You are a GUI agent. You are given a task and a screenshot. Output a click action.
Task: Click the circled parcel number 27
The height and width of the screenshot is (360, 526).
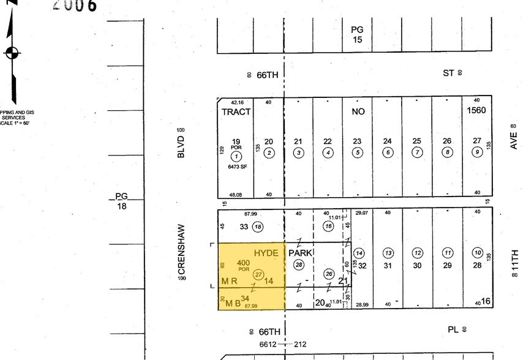click(258, 275)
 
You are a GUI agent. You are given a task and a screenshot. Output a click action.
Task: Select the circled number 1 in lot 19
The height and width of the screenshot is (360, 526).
click(236, 156)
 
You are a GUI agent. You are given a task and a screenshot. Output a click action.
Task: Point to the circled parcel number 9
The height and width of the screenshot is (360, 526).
click(477, 152)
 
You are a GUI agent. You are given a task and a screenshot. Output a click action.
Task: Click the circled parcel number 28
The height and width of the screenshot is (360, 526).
click(299, 264)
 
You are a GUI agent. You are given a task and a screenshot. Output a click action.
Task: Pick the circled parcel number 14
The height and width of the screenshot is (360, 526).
click(359, 253)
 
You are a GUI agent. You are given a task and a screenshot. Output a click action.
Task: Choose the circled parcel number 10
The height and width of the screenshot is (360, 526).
click(478, 253)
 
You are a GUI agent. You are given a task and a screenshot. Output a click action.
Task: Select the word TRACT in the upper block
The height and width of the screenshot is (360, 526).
click(236, 112)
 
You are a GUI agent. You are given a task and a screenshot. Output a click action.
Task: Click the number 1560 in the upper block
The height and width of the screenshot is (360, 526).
click(476, 111)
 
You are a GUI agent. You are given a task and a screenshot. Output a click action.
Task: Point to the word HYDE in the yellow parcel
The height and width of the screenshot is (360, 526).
click(266, 253)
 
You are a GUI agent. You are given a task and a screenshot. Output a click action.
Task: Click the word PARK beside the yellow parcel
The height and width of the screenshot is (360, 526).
click(301, 252)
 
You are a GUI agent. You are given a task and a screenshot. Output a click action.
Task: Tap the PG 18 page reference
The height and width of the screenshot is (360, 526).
click(121, 201)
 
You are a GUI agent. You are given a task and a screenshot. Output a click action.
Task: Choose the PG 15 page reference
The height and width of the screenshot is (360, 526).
click(357, 34)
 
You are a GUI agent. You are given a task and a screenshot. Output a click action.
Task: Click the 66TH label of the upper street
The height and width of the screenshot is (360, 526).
click(267, 75)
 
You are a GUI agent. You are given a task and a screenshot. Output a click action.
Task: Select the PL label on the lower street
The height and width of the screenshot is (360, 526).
click(453, 329)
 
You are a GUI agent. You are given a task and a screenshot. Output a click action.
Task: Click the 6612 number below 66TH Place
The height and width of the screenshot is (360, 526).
click(269, 344)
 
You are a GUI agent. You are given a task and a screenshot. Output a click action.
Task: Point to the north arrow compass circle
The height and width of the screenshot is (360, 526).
click(12, 53)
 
